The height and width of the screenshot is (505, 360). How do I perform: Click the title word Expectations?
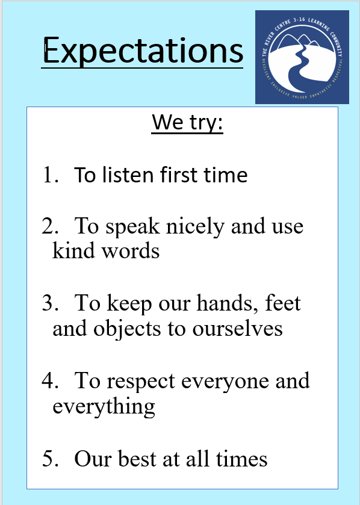tap(143, 51)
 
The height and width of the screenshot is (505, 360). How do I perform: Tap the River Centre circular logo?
tap(302, 57)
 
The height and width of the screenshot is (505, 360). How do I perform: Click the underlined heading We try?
tap(187, 123)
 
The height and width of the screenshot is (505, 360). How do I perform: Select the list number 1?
tap(50, 175)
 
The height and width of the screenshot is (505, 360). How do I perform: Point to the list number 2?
tap(50, 226)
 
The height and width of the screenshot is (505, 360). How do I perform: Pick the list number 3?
tap(50, 303)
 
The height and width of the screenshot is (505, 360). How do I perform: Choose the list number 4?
tap(50, 380)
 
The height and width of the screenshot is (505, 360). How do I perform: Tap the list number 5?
tap(50, 459)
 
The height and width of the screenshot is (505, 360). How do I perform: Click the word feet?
tap(283, 303)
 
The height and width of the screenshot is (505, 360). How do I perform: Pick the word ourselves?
tap(238, 329)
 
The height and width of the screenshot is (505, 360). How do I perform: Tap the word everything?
tap(104, 407)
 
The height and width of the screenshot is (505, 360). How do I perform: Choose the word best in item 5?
tap(137, 458)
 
